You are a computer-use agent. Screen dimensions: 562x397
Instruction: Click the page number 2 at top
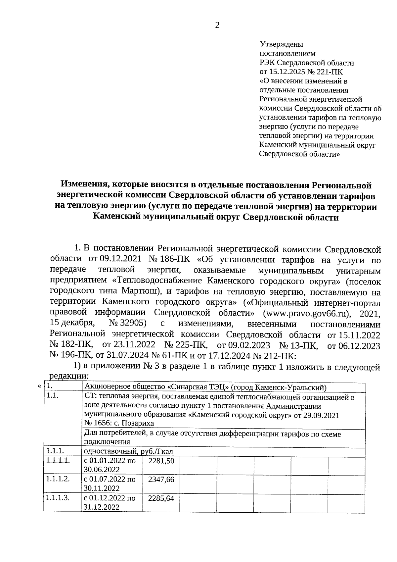coord(217,26)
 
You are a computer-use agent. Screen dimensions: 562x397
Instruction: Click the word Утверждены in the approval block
coord(282,44)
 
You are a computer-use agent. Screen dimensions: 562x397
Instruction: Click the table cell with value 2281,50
coord(161,461)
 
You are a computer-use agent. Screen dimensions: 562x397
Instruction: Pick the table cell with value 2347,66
coord(161,480)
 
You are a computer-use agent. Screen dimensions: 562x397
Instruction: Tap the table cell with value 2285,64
coord(161,498)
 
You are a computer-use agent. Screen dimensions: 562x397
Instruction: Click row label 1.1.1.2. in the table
coord(58,479)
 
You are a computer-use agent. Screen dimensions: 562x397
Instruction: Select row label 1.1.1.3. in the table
coord(58,497)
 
